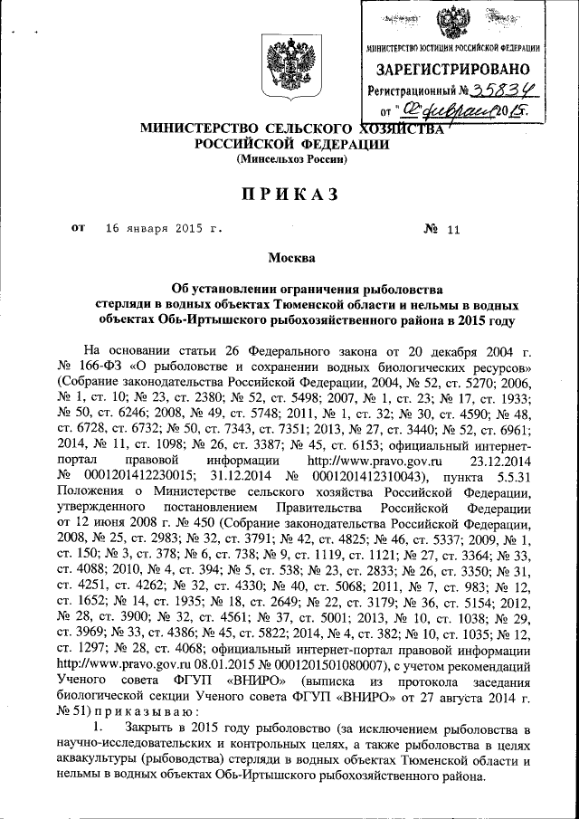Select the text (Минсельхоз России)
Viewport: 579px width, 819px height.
pyautogui.click(x=291, y=158)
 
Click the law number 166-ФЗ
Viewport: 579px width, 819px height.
pyautogui.click(x=105, y=368)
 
